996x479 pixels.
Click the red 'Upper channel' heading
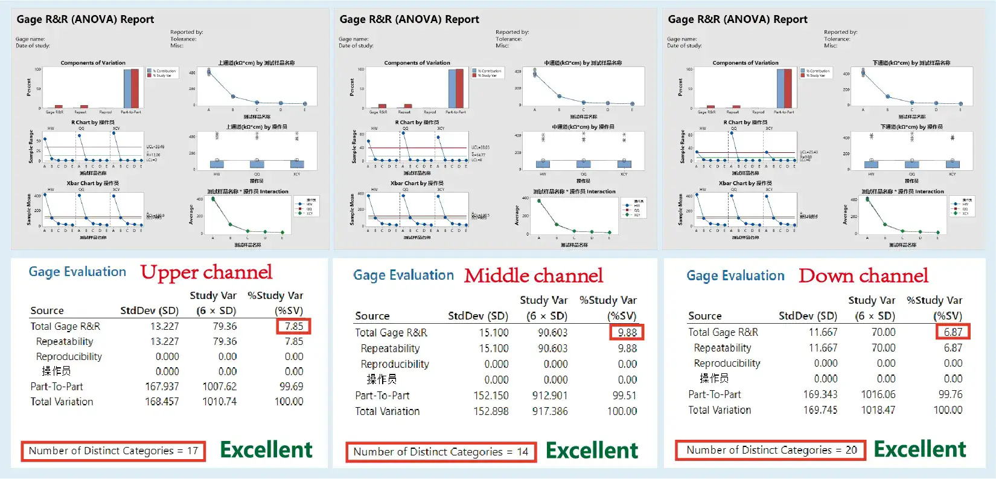coord(206,272)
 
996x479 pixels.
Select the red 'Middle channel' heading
coord(534,276)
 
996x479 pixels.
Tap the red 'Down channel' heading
coord(863,276)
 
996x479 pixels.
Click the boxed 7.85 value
coord(294,326)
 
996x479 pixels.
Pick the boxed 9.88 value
coord(627,332)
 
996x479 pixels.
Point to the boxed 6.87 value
coord(953,332)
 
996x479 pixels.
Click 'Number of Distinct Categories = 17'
coord(113,451)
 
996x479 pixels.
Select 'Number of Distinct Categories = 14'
coord(441,452)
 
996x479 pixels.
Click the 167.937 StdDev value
coord(162,387)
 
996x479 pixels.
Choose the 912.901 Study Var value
coord(550,396)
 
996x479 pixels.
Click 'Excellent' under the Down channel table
coord(920,449)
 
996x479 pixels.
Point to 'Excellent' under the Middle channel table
coord(592,451)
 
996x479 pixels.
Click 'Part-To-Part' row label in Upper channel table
coord(57,387)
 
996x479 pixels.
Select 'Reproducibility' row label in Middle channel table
coord(395,364)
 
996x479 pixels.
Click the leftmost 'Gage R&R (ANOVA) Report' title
coord(85,19)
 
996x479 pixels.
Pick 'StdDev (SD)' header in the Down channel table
coord(808,316)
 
